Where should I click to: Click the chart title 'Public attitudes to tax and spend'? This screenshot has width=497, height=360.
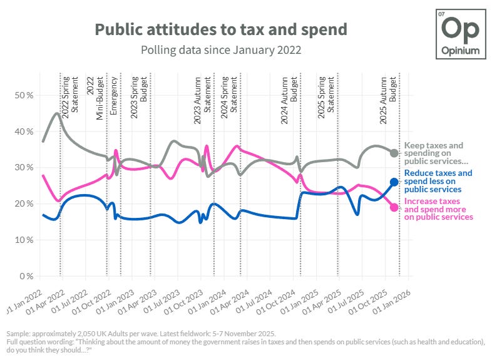(221, 29)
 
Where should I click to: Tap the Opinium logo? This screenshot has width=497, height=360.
(460, 34)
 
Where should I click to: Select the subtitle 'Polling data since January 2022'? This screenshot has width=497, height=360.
(221, 49)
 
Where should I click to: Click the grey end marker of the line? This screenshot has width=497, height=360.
(394, 153)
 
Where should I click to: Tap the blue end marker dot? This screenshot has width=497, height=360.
(394, 182)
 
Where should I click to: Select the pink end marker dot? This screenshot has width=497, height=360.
(394, 207)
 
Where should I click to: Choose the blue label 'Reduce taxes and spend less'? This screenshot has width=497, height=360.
(438, 181)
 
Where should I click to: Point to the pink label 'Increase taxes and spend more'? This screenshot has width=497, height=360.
(439, 209)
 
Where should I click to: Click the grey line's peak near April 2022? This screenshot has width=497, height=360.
(57, 113)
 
